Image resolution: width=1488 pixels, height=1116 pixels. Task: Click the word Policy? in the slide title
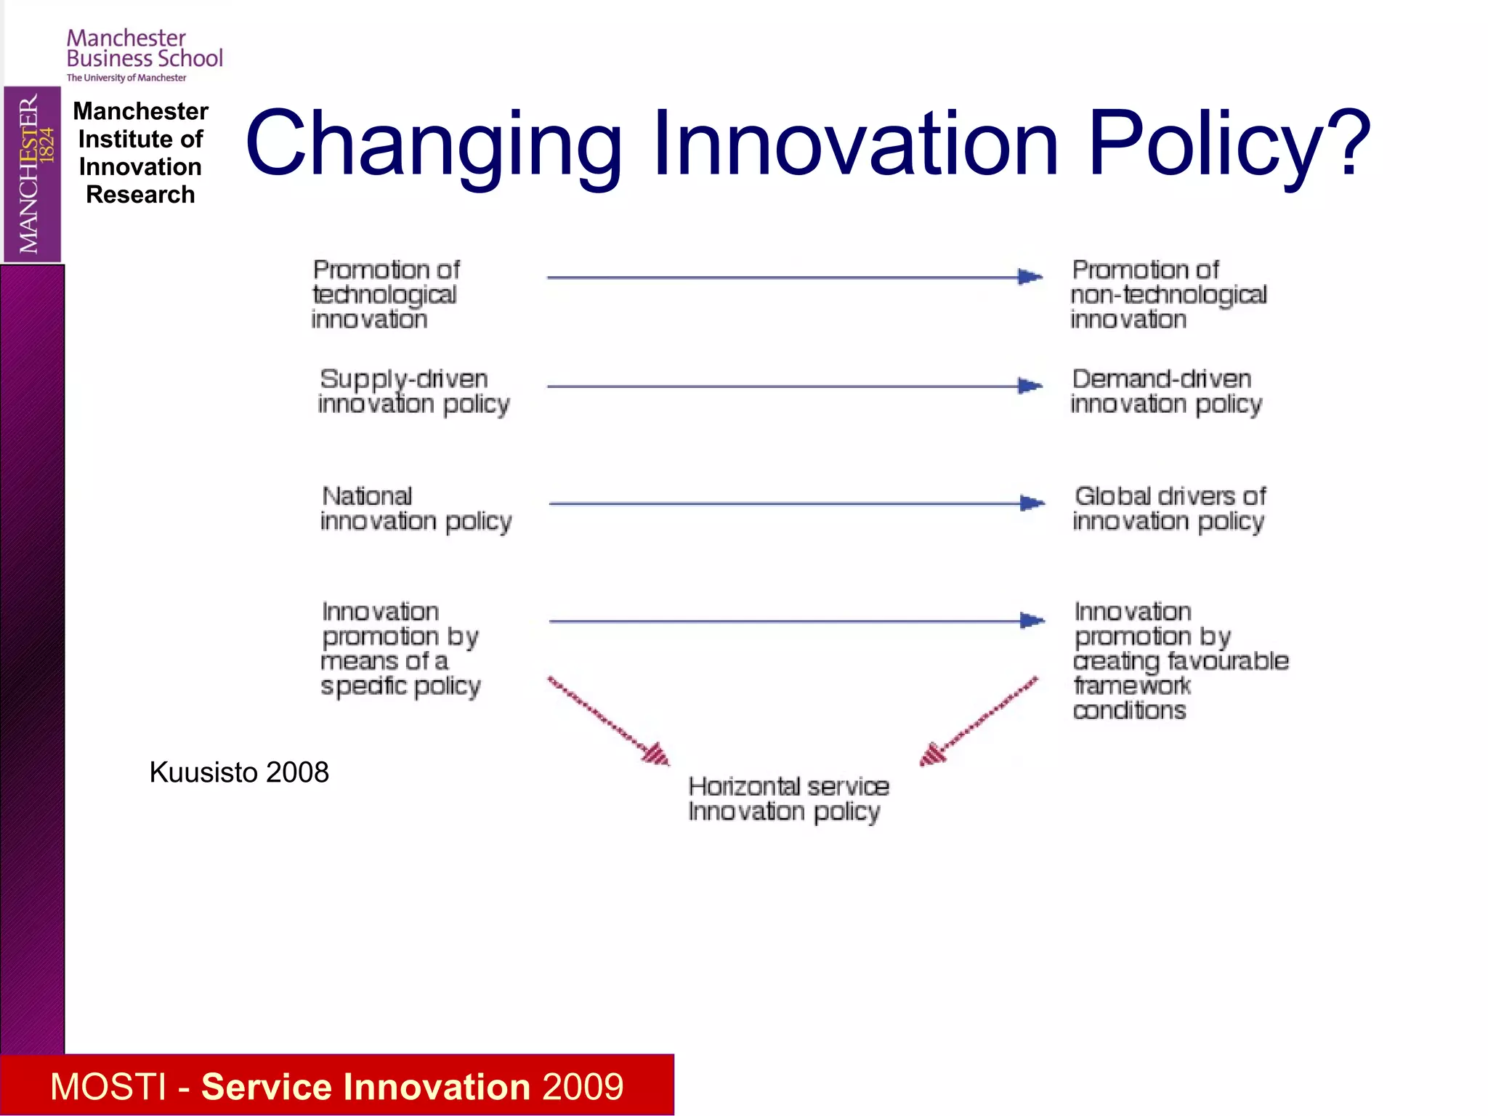pyautogui.click(x=1228, y=143)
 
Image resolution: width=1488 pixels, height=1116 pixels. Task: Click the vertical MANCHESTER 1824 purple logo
pyautogui.click(x=32, y=174)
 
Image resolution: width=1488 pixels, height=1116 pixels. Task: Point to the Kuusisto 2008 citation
pyautogui.click(x=238, y=772)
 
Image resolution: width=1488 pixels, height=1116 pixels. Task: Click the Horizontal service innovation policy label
pyautogui.click(x=788, y=798)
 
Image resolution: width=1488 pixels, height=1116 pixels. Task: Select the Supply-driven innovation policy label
pyautogui.click(x=413, y=392)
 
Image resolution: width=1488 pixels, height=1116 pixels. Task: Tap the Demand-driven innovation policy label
pyautogui.click(x=1165, y=392)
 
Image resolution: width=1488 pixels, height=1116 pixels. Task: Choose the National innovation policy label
pyautogui.click(x=415, y=509)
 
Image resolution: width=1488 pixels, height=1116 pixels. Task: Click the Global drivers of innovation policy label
pyautogui.click(x=1169, y=509)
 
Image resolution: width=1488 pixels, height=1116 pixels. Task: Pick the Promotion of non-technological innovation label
pyautogui.click(x=1168, y=294)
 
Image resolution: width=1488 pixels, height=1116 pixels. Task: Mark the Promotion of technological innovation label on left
pyautogui.click(x=385, y=294)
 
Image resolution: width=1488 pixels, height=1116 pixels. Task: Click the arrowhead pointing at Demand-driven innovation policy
pyautogui.click(x=1030, y=386)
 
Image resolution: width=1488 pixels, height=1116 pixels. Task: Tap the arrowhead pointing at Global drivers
pyautogui.click(x=1032, y=503)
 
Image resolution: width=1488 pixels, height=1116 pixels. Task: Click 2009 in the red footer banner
pyautogui.click(x=582, y=1087)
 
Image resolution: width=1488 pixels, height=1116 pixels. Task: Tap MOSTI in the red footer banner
pyautogui.click(x=108, y=1087)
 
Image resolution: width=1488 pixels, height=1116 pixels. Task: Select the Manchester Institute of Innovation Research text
pyautogui.click(x=140, y=153)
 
